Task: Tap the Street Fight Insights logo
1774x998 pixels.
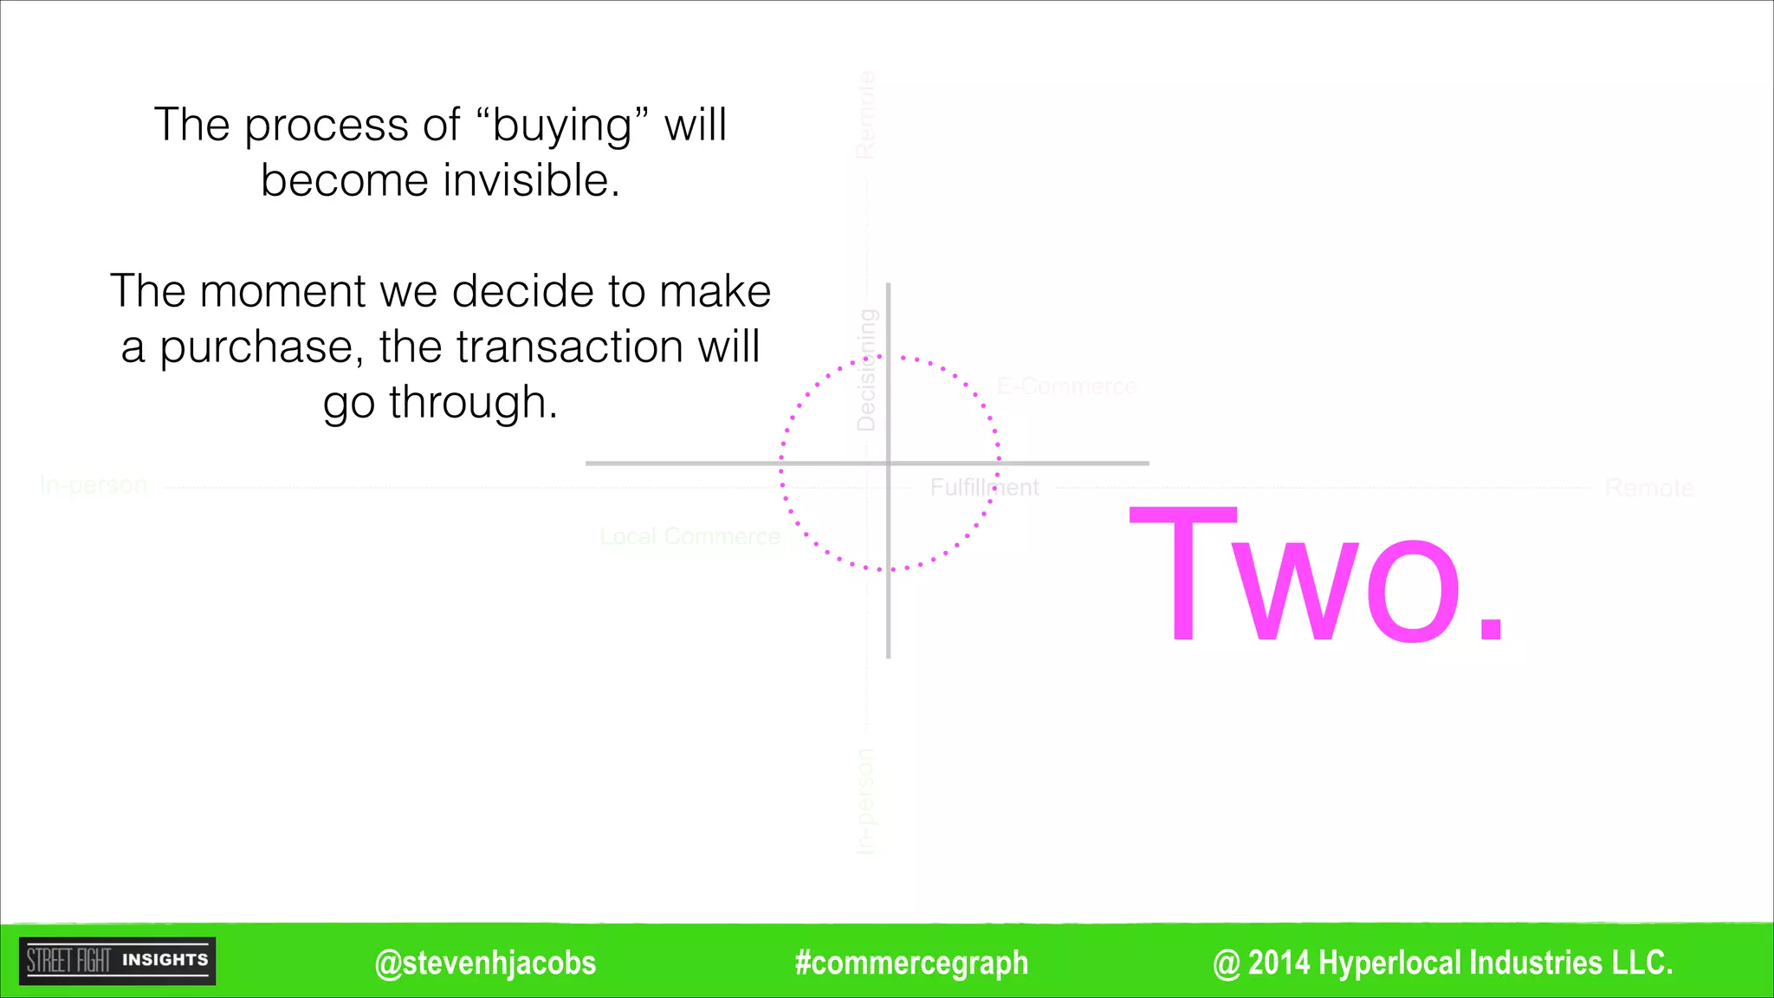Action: click(x=117, y=961)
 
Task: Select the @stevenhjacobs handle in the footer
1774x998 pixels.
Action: click(x=485, y=962)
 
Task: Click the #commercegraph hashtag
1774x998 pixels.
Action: click(x=911, y=962)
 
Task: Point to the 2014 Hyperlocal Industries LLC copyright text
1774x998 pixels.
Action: click(x=1443, y=962)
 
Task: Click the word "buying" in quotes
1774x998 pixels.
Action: click(x=562, y=126)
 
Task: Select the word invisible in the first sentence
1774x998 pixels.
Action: click(x=531, y=180)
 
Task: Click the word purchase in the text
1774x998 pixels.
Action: click(x=256, y=348)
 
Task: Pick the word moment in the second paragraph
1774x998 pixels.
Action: click(x=282, y=291)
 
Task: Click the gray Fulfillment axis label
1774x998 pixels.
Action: click(x=984, y=488)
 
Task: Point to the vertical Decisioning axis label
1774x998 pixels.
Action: click(x=866, y=370)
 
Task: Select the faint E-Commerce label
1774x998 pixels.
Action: click(x=1066, y=386)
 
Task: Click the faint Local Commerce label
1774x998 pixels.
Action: click(x=690, y=537)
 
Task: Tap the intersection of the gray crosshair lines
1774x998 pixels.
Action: click(x=888, y=463)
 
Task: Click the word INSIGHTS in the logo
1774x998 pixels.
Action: click(x=165, y=960)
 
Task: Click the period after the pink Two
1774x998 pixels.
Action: click(x=1491, y=627)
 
